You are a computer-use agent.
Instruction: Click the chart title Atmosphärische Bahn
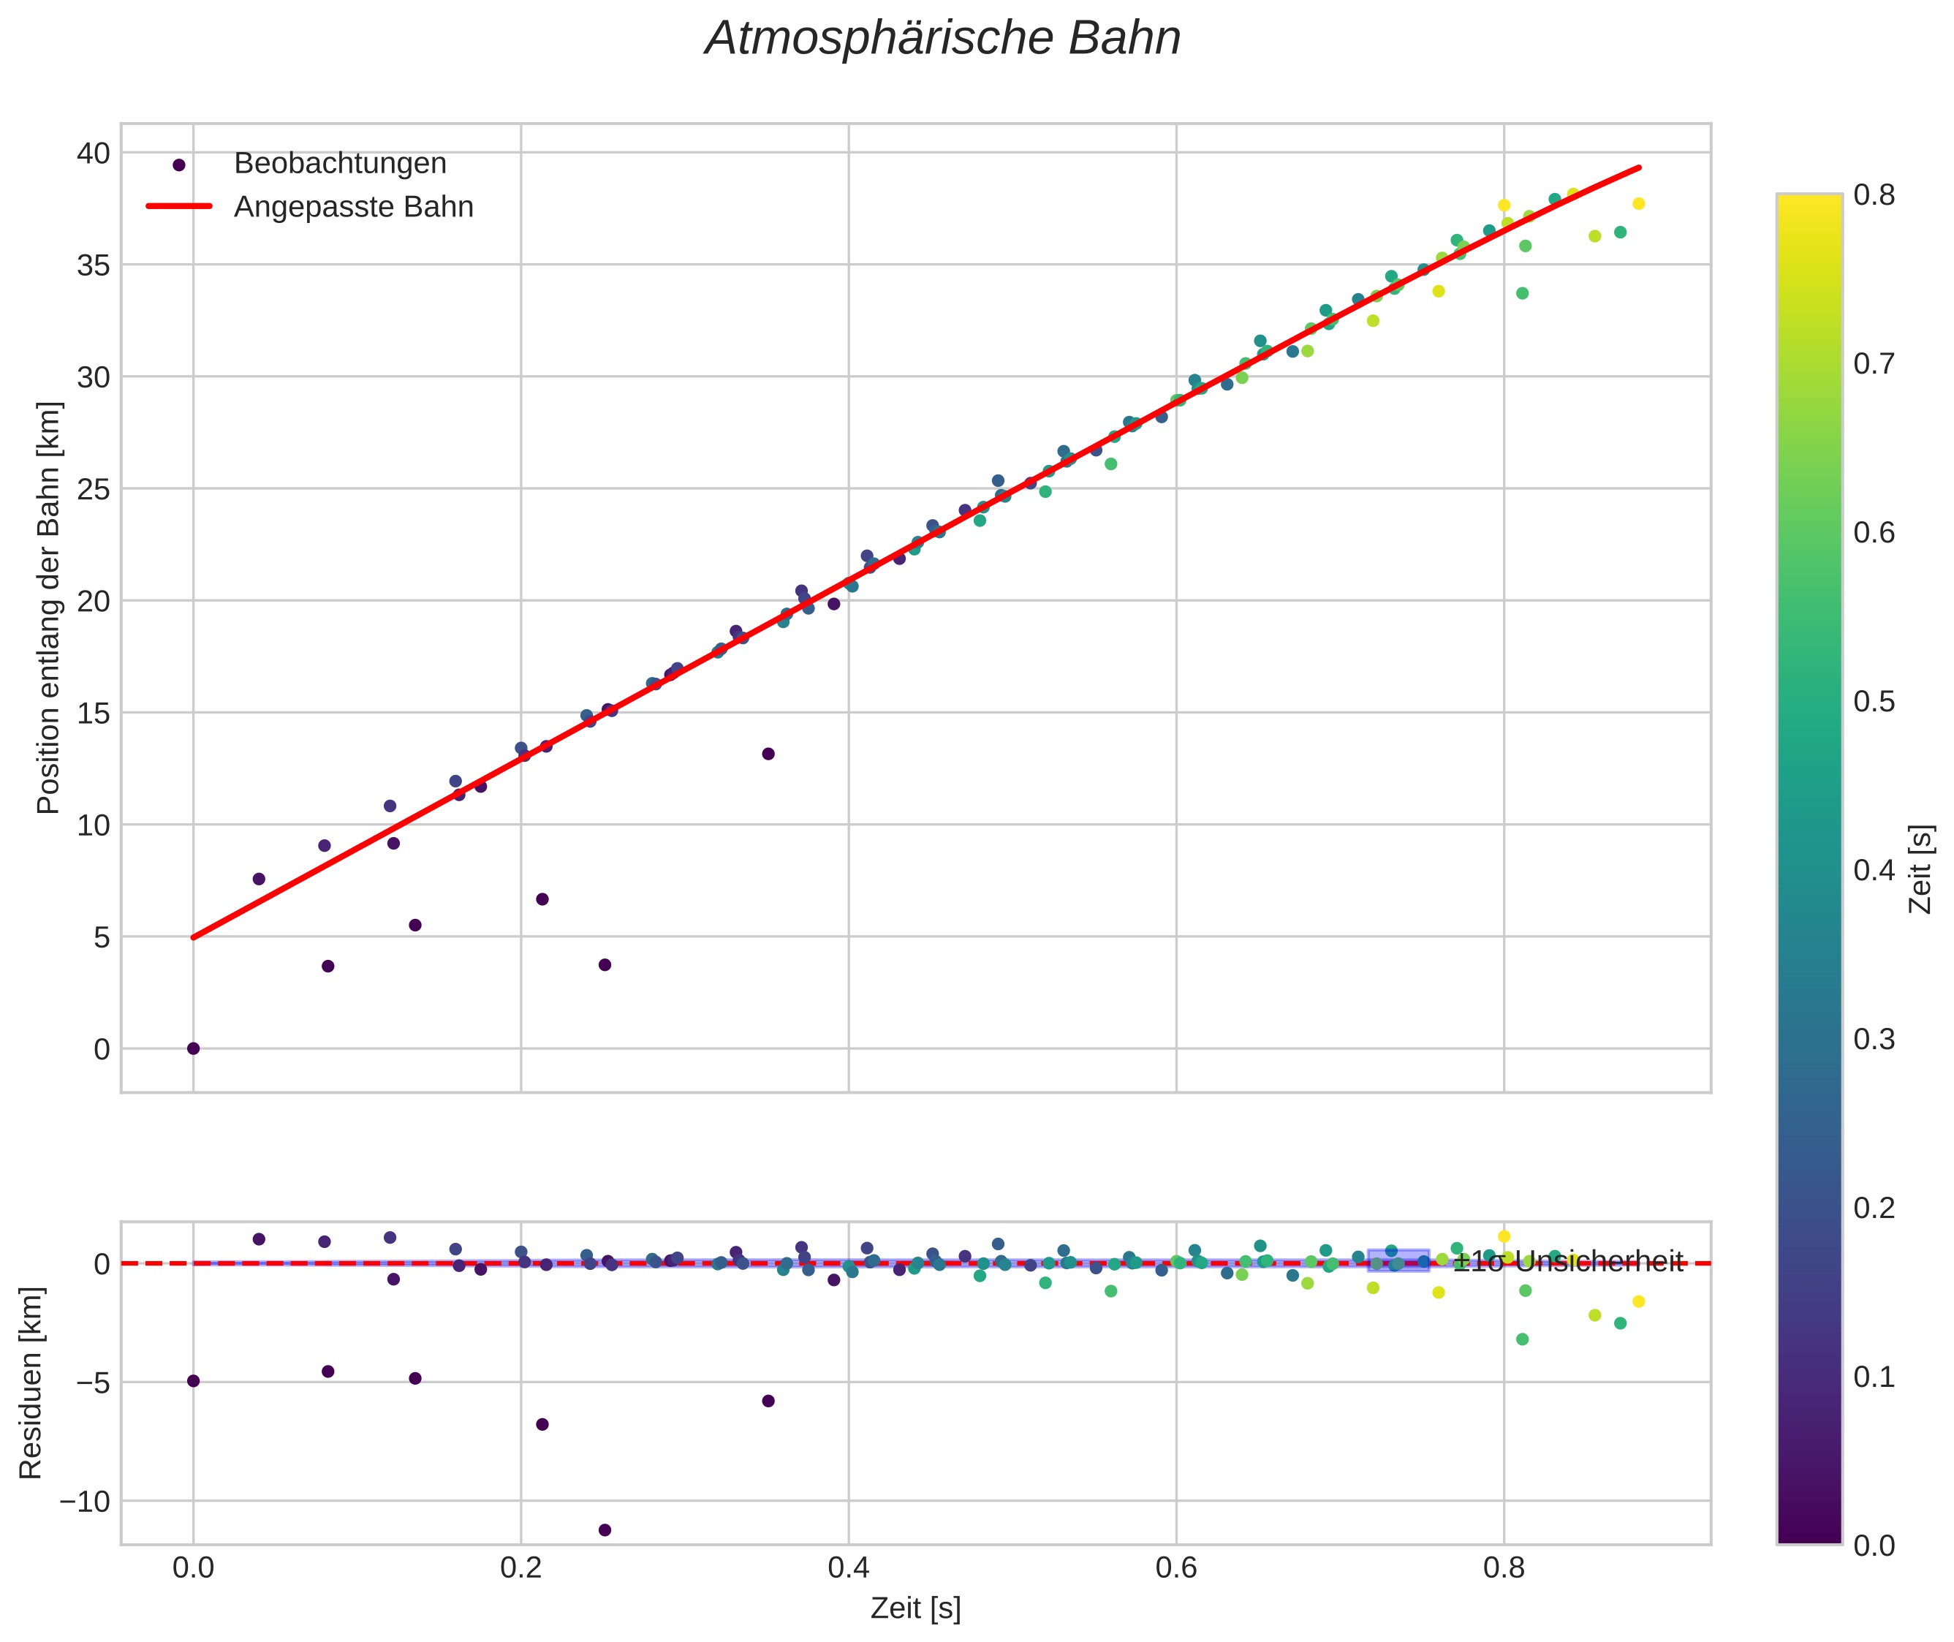942,39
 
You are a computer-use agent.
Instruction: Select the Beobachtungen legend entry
340,164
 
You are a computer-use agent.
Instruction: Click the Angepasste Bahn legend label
354,207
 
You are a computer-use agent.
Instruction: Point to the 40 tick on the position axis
93,153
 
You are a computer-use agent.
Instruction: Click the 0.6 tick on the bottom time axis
1175,1568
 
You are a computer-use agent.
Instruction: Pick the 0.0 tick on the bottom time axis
193,1568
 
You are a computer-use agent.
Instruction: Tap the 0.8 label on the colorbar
1873,194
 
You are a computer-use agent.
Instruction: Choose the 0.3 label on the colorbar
1873,1039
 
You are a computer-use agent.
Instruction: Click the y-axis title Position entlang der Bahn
48,608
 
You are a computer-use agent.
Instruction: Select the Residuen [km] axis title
31,1383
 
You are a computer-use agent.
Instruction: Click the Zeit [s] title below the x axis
915,1608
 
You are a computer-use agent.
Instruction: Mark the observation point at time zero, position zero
193,1049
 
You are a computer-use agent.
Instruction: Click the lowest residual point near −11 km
604,1530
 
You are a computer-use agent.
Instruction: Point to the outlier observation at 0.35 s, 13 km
768,754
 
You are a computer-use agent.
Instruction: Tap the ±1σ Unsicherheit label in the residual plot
1569,1263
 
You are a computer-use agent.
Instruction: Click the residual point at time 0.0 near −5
193,1380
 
